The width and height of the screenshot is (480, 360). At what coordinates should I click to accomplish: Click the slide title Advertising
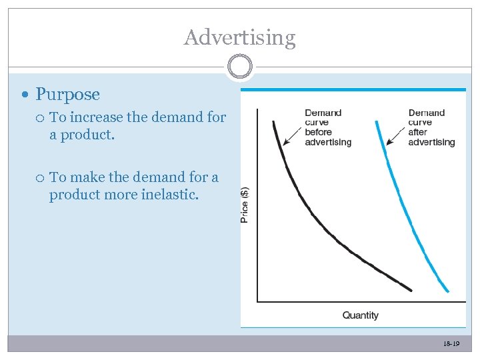[239, 37]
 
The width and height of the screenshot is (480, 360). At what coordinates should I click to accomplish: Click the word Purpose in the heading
[67, 95]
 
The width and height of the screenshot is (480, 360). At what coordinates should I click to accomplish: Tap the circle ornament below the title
[239, 67]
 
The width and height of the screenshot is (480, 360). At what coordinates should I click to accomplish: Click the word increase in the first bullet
[96, 117]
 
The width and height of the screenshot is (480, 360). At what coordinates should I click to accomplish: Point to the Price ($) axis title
[245, 204]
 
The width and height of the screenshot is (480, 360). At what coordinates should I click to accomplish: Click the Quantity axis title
[360, 315]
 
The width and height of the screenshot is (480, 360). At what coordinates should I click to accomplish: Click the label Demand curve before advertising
[327, 127]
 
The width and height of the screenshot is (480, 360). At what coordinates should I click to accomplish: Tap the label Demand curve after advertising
[431, 127]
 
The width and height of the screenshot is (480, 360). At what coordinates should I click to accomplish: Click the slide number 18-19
[451, 344]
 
